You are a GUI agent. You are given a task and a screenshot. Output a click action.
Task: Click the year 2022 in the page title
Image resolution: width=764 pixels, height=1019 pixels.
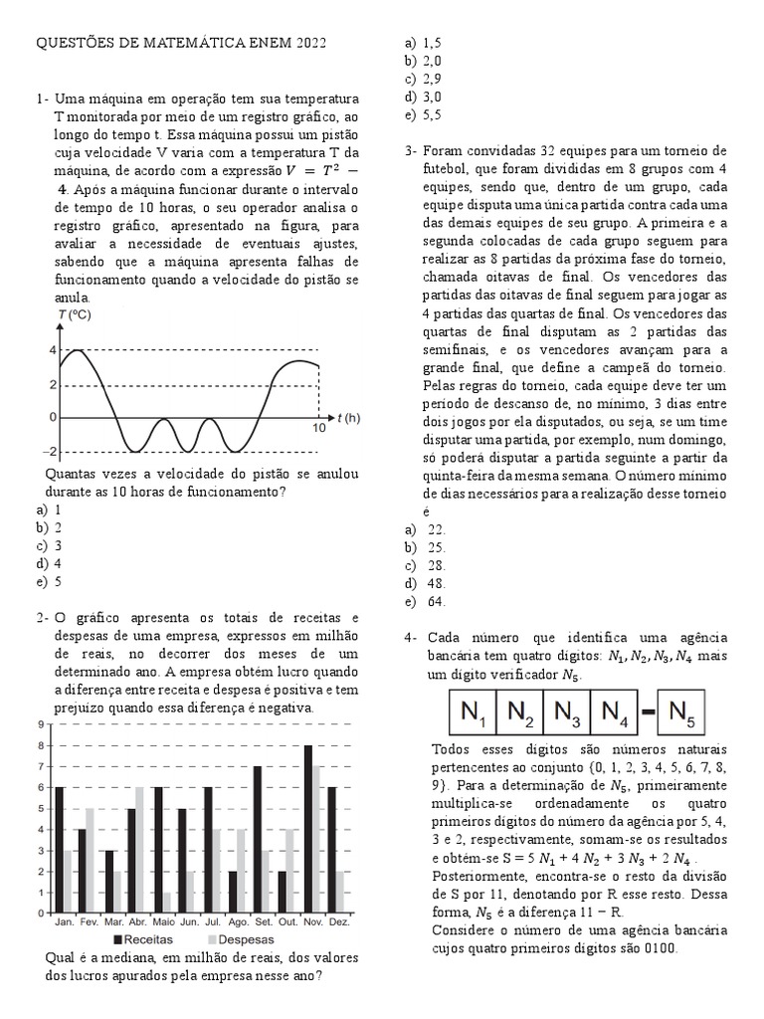[307, 44]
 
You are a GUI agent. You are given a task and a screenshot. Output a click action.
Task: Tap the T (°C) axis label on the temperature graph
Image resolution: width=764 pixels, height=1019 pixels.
[75, 315]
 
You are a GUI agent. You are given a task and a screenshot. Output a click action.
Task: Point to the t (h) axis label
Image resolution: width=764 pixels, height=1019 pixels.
[347, 418]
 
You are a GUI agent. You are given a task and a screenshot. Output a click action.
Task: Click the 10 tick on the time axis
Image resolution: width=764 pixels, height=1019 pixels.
[318, 429]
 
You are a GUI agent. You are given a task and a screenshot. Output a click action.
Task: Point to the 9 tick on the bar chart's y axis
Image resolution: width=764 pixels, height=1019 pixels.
[40, 724]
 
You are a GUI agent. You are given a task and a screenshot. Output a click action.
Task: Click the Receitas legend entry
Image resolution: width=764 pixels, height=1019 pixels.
[143, 939]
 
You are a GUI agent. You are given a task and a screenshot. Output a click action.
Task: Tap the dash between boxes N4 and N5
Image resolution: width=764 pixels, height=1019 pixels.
[647, 713]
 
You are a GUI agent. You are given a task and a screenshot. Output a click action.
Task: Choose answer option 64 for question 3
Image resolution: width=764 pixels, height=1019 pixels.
[437, 601]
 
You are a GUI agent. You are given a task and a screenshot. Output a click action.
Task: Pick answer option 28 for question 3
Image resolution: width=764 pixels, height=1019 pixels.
[437, 565]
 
